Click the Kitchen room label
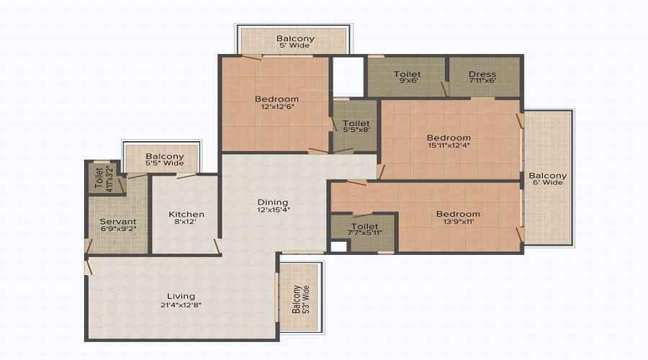(186, 214)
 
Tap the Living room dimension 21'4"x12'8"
(181, 305)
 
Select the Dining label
(273, 202)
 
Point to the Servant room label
(118, 221)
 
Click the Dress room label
(482, 74)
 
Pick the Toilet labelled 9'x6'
(407, 77)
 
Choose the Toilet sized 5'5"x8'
(356, 126)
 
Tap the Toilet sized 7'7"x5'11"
(365, 229)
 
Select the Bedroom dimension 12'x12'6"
(277, 107)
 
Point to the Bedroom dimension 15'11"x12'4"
(449, 145)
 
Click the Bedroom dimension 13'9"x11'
(458, 221)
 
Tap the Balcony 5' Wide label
(295, 41)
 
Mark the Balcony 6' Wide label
(548, 179)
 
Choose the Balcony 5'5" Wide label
(165, 160)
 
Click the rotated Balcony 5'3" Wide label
(301, 299)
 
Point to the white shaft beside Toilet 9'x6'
(348, 77)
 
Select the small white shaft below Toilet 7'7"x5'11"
(338, 246)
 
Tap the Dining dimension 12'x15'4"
(274, 210)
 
